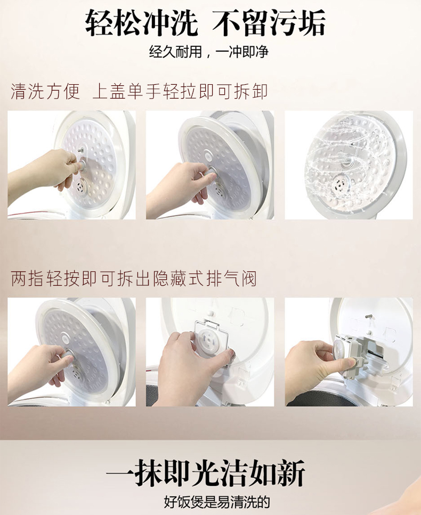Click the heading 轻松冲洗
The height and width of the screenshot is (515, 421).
point(142,23)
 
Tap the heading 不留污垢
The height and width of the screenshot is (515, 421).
point(269,23)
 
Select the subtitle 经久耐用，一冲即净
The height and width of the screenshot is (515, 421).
point(209,52)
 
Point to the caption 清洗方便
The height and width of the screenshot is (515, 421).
point(45,91)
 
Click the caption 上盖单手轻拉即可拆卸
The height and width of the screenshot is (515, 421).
point(180,91)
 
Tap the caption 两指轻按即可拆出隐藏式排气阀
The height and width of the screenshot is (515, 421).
point(133,279)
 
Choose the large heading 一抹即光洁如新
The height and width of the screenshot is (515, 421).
point(206,473)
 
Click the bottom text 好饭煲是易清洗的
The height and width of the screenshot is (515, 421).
point(217,502)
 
